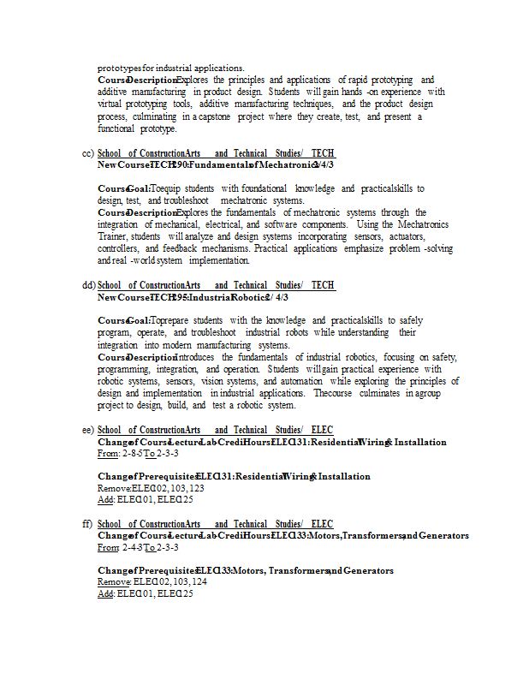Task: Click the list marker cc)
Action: (87, 153)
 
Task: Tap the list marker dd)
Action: (88, 285)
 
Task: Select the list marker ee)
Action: (88, 430)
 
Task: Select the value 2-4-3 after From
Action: (132, 547)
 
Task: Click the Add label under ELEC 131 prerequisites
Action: (106, 499)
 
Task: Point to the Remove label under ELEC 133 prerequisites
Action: (114, 581)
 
